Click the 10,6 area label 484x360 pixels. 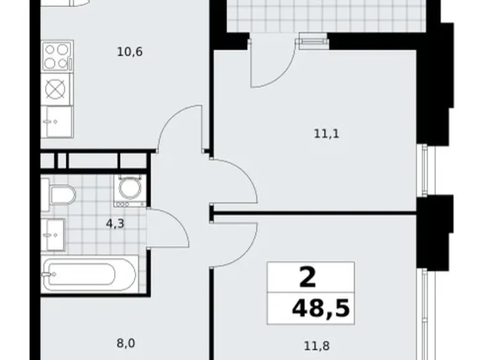tap(130, 52)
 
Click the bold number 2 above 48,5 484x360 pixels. tap(307, 277)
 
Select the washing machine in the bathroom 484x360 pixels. tap(129, 189)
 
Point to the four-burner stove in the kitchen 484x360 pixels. tap(57, 56)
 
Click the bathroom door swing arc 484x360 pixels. tap(169, 228)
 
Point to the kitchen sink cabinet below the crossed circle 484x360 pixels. tap(57, 120)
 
